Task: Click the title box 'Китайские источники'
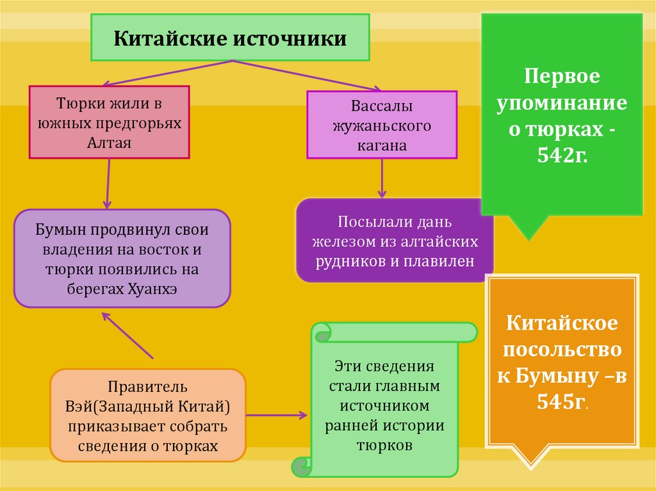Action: tap(230, 38)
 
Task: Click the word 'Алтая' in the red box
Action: tap(109, 142)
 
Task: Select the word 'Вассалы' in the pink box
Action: tap(382, 106)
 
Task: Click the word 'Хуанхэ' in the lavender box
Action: tap(153, 289)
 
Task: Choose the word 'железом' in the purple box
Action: tap(344, 243)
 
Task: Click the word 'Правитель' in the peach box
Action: tap(147, 387)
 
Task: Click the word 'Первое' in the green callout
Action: tap(562, 77)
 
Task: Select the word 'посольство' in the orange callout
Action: tap(562, 350)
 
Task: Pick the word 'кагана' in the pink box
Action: tap(382, 145)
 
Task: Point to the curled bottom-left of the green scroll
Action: tap(300, 466)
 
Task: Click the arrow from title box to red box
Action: tap(167, 73)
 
